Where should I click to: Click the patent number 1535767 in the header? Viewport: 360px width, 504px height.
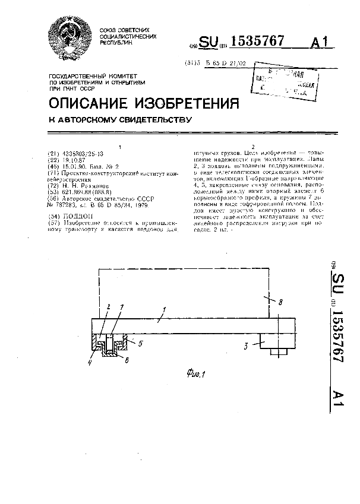257,41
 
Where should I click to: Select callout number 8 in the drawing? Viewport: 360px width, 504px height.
280,302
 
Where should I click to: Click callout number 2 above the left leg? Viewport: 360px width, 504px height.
109,307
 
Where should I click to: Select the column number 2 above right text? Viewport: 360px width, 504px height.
254,147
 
